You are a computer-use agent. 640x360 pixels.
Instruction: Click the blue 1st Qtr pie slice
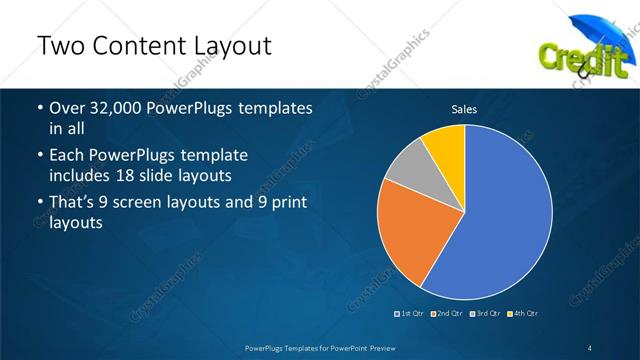coord(505,215)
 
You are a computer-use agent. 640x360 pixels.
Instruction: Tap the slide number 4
coord(591,347)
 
